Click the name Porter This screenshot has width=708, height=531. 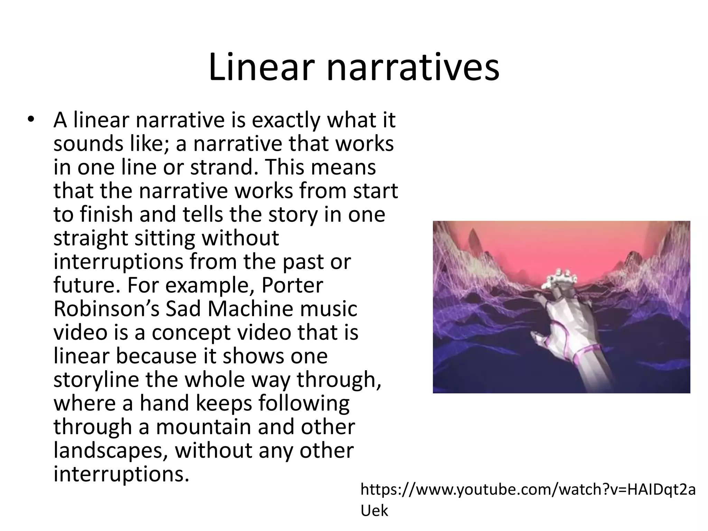(292, 285)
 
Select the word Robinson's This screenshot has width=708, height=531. (106, 309)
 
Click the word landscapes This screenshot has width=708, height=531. (111, 450)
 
